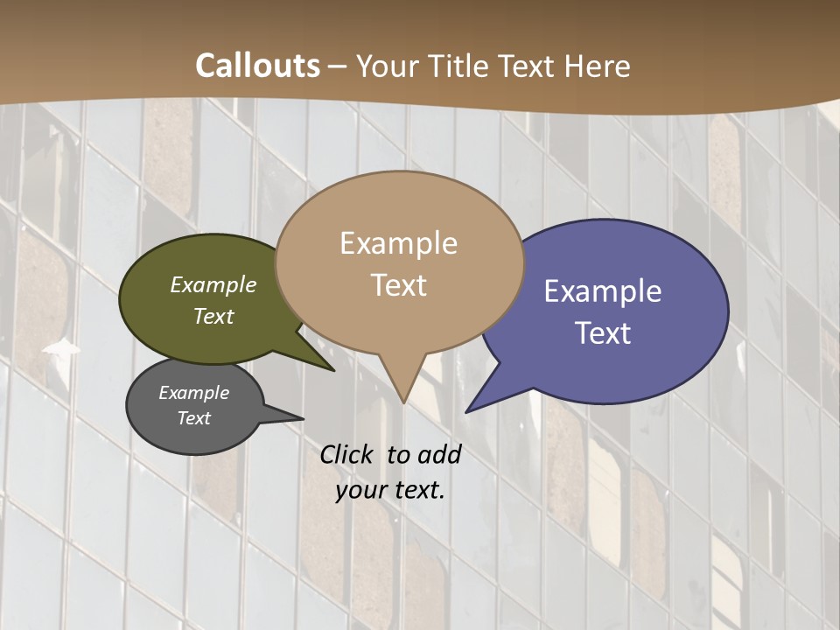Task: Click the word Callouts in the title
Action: [257, 66]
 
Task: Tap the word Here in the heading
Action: [598, 66]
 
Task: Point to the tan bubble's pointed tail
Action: [402, 385]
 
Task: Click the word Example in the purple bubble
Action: [603, 291]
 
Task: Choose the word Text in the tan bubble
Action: [399, 285]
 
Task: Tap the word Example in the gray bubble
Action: [194, 393]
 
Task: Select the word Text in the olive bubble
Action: [213, 316]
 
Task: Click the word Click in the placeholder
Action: [346, 454]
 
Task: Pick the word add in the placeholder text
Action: [438, 454]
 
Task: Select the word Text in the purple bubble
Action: [603, 333]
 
